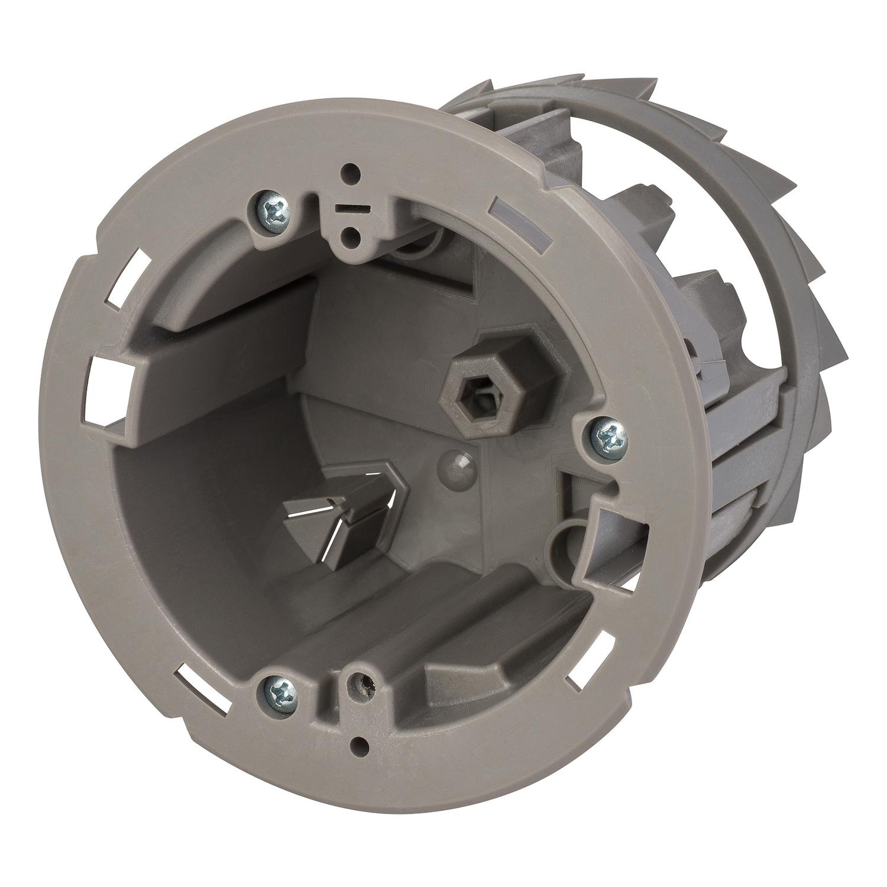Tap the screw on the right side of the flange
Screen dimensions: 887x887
tap(607, 435)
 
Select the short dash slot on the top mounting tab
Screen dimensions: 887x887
tap(347, 209)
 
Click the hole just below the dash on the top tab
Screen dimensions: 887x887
tap(352, 239)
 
